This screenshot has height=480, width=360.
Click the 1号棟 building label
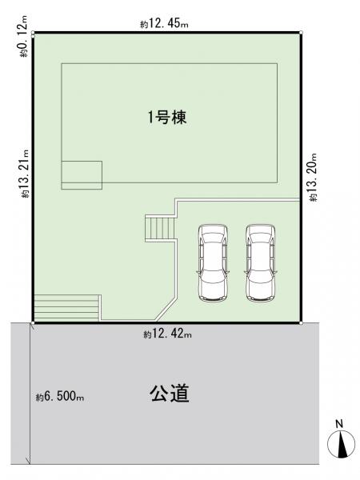[167, 118]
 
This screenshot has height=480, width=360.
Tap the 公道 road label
[170, 393]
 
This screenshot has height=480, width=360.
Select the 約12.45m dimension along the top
[164, 24]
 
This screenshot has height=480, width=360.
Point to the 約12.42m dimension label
[168, 334]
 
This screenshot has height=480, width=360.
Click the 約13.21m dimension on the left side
[25, 174]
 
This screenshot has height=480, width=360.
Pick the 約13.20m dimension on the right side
[313, 177]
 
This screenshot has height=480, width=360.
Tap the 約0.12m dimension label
[23, 36]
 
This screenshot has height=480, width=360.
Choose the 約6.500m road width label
[60, 397]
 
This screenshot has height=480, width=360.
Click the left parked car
[213, 262]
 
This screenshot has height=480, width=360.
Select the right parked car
[261, 262]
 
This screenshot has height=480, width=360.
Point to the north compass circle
[342, 444]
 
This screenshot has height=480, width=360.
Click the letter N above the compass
[339, 424]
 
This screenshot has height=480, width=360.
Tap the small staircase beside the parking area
[160, 228]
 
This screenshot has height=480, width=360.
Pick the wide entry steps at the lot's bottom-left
[66, 308]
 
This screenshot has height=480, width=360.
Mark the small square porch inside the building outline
[82, 174]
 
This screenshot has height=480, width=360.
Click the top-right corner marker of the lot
[301, 32]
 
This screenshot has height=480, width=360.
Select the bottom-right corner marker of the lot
[301, 323]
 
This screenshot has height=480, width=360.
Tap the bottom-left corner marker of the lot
[33, 323]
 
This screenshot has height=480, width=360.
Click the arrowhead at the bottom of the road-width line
[30, 461]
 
